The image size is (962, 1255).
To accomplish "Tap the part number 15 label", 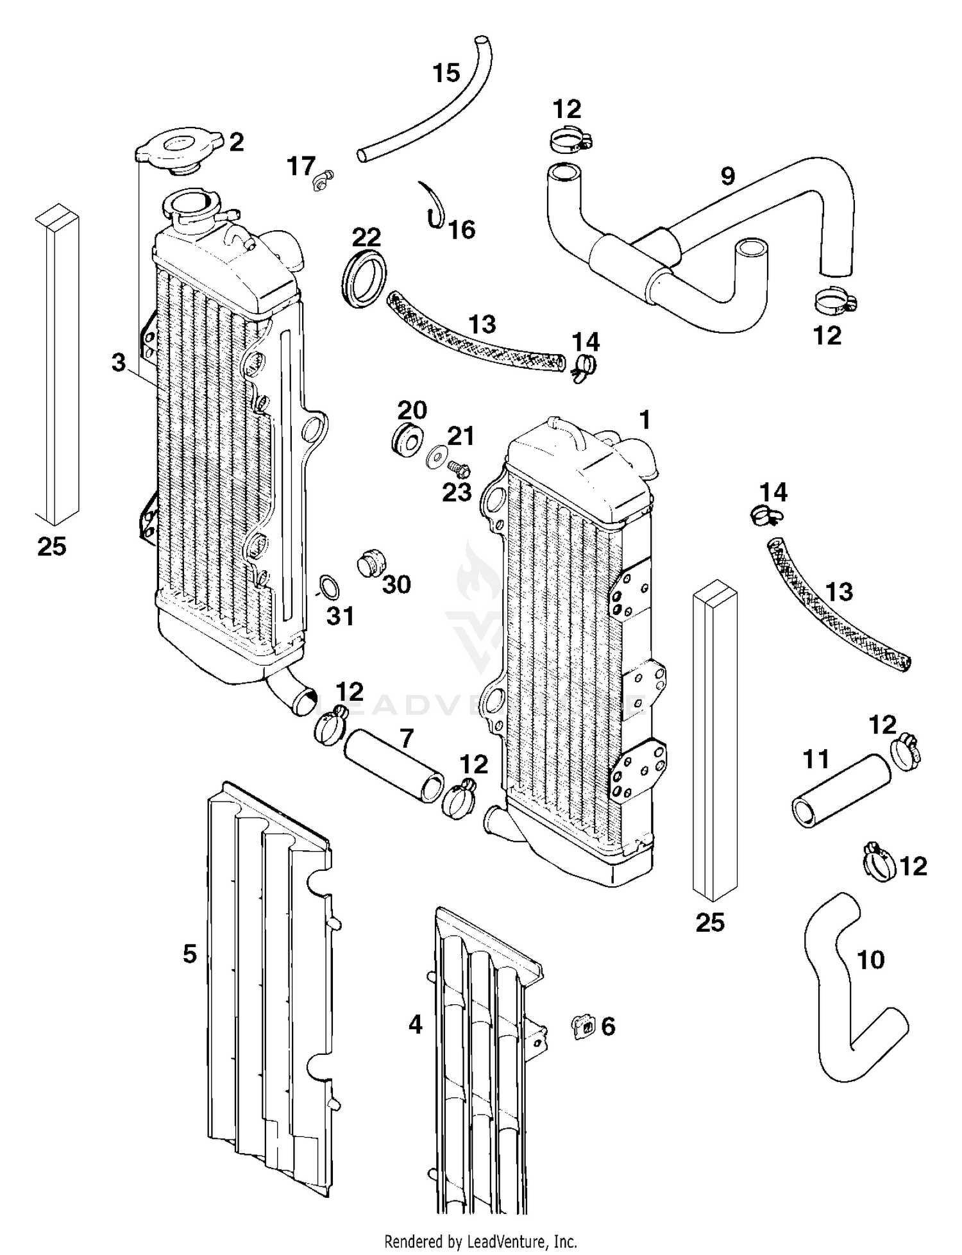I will pyautogui.click(x=446, y=73).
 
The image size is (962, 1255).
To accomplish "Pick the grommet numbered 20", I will pyautogui.click(x=407, y=439).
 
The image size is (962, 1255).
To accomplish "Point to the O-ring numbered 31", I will pyautogui.click(x=329, y=587).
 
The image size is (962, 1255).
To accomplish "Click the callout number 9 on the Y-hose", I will pyautogui.click(x=727, y=176).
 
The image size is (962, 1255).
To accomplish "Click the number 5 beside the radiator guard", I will pyautogui.click(x=190, y=954).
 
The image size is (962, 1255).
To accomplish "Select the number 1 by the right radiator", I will pyautogui.click(x=645, y=420).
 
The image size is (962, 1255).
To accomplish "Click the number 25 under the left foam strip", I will pyautogui.click(x=51, y=546).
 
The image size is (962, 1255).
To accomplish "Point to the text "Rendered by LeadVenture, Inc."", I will pyautogui.click(x=480, y=1241).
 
